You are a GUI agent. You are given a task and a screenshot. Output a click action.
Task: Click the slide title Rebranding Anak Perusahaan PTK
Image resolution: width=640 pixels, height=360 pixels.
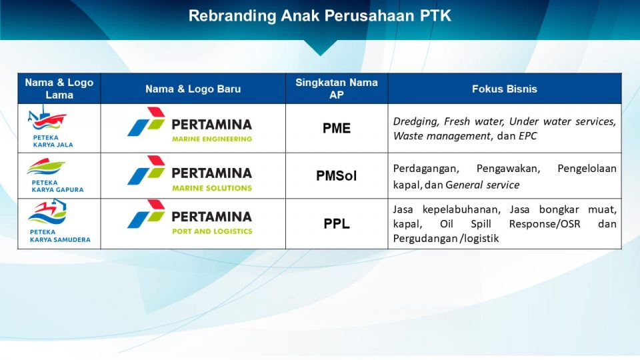coord(320,16)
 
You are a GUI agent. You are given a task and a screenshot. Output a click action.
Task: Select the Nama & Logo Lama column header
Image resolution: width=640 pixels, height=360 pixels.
coord(59,89)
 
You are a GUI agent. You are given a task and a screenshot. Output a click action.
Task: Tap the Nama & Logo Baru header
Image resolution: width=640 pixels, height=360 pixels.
coord(193,89)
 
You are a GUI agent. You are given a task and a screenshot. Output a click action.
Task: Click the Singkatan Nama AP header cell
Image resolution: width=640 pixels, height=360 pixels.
coord(336,89)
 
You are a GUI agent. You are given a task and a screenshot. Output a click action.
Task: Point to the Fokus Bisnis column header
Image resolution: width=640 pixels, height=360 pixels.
coord(504,89)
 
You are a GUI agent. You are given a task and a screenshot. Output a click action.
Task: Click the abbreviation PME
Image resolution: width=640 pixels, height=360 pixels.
coord(336,129)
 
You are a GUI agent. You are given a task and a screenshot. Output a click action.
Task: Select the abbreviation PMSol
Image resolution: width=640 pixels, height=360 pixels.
coord(336,176)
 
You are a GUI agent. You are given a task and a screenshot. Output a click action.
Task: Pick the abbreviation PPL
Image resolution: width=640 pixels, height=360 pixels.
coord(336,224)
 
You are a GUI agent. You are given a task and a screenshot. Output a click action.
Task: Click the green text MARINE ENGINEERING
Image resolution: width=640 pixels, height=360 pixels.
coord(211,139)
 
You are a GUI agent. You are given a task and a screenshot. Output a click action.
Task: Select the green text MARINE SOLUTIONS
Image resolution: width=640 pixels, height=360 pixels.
coord(211,188)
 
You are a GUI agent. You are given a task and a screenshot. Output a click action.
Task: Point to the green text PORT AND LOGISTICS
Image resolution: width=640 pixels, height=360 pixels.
coord(211,231)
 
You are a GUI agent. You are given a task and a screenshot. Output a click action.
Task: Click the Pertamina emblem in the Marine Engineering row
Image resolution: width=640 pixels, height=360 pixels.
coord(146,122)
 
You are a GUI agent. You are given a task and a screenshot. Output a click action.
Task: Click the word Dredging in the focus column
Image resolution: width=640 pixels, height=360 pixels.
coord(413,121)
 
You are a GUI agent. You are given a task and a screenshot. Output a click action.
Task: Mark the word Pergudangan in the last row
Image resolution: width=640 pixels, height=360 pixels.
coord(425,238)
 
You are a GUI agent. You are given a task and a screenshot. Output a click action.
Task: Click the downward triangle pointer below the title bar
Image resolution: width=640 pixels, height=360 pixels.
coord(320,48)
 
